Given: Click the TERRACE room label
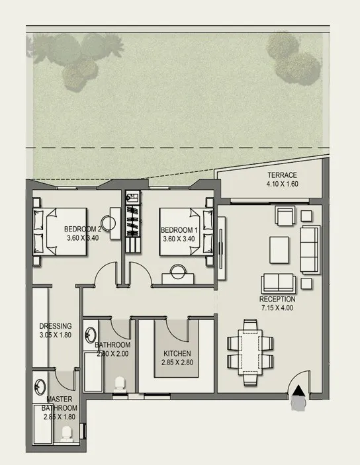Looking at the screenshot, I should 283,175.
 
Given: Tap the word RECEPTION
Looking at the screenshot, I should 276,299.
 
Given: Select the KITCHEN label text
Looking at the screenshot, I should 177,353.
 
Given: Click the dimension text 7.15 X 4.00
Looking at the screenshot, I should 276,308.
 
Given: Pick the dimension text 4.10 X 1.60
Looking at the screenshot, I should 283,184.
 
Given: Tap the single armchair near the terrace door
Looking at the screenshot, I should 285,216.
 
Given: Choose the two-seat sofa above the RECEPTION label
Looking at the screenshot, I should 278,282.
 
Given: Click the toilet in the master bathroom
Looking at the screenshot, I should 66,434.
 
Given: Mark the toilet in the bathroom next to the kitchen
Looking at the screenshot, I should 120,384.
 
